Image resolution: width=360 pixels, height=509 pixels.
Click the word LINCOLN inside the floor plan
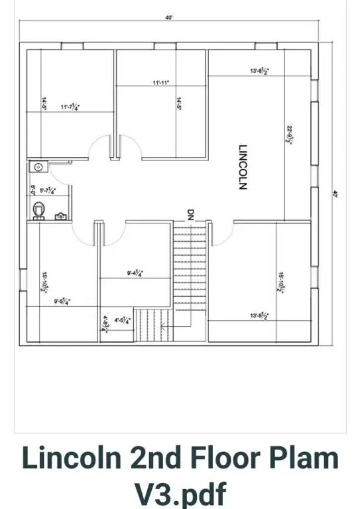tap(243, 167)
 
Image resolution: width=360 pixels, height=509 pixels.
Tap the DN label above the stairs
tap(190, 214)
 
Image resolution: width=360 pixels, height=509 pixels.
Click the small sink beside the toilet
tap(60, 215)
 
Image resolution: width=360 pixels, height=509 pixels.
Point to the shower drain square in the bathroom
tap(38, 168)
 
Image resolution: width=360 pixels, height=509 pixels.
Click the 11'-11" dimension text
tap(161, 83)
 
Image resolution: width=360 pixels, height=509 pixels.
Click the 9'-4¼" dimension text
tap(135, 272)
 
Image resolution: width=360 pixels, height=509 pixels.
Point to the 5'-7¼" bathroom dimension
tap(48, 191)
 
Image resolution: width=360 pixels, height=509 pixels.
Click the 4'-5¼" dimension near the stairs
tap(123, 320)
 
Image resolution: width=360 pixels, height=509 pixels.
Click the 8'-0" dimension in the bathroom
tap(33, 190)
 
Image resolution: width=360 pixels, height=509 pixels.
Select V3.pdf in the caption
tap(180, 494)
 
